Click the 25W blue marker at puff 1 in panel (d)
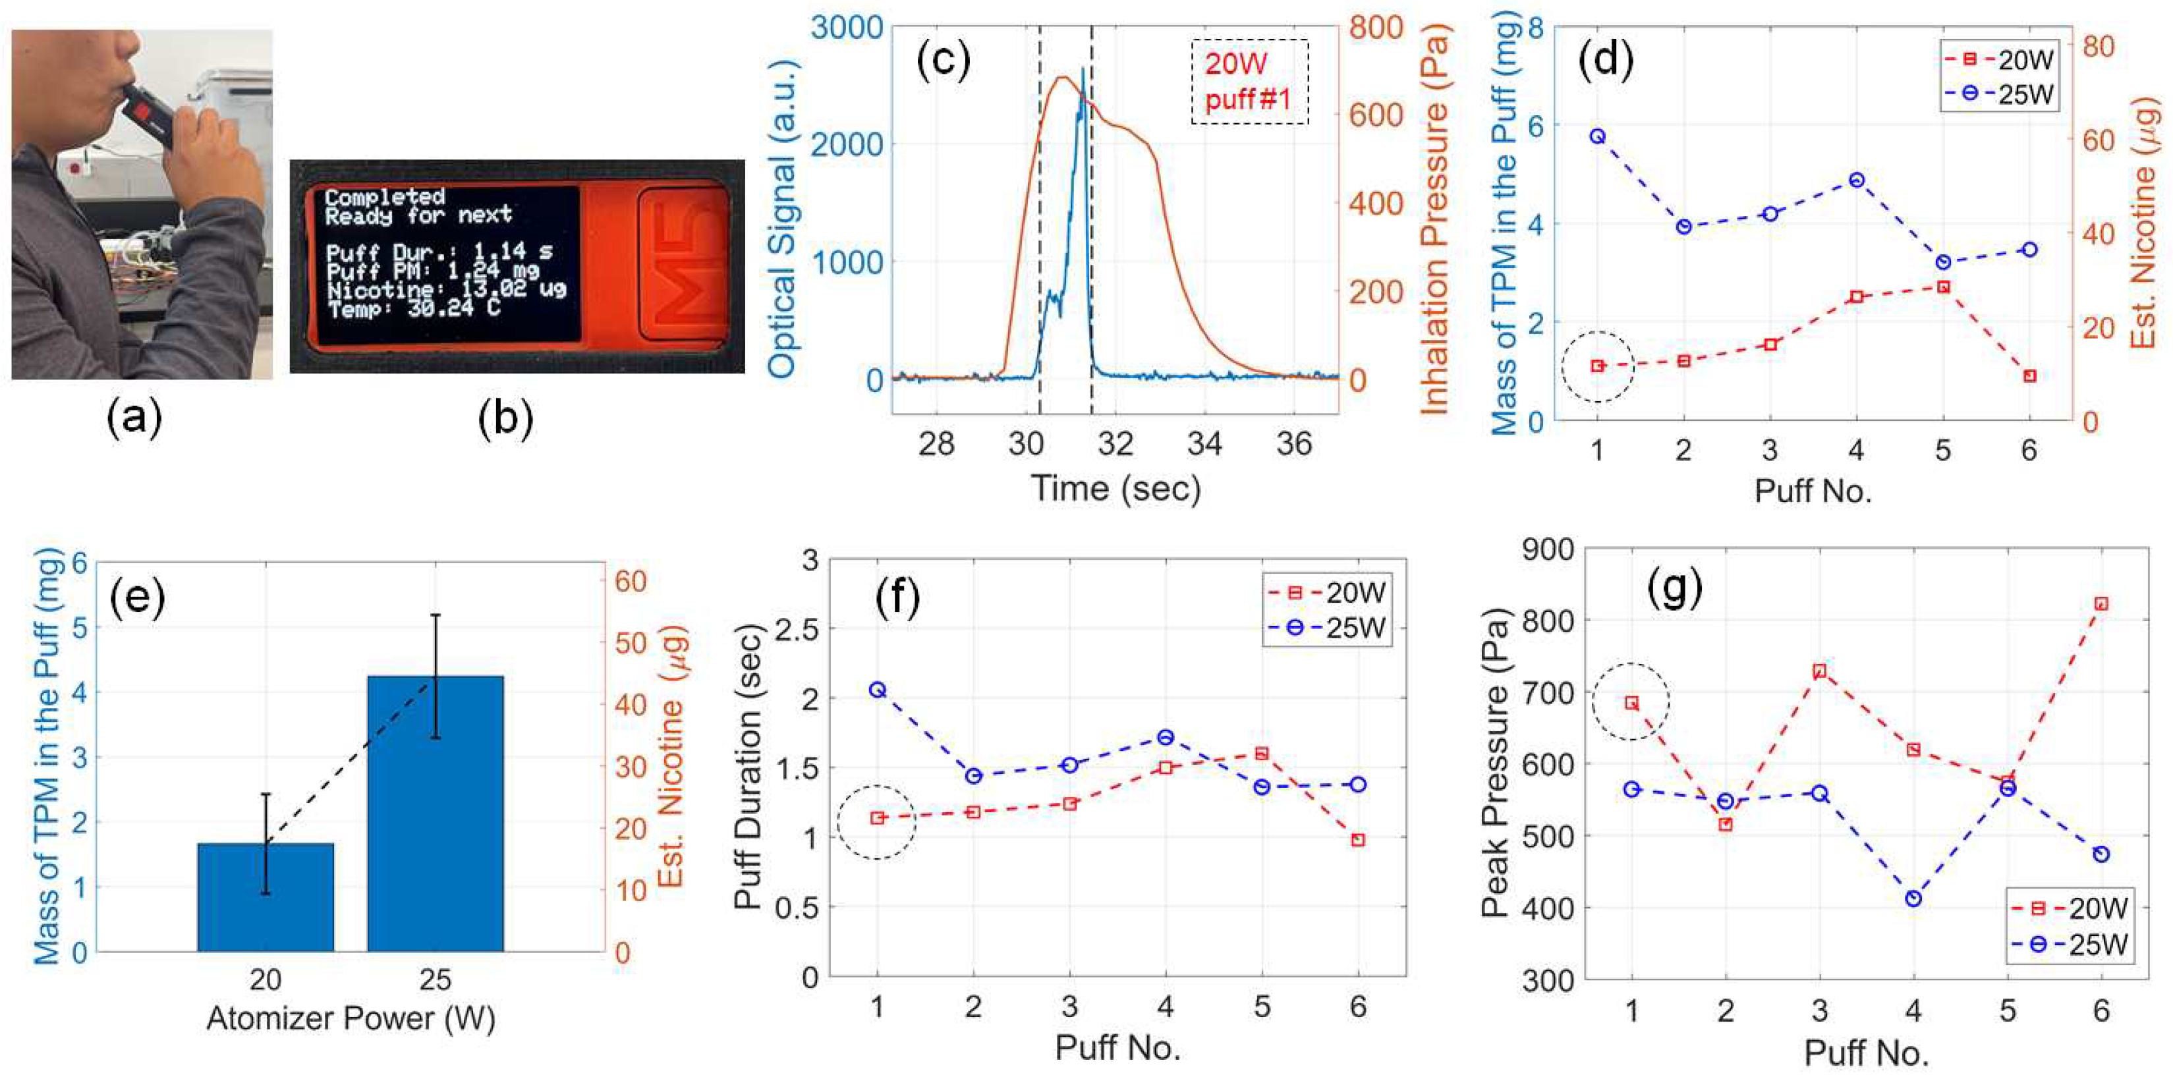click(1598, 136)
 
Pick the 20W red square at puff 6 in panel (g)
click(2101, 604)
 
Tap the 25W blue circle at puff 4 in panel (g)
click(1913, 899)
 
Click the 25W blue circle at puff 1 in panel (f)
click(877, 690)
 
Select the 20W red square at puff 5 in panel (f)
click(1262, 753)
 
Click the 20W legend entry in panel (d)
click(1999, 61)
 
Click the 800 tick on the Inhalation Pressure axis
click(1376, 27)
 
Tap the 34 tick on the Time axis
click(1204, 443)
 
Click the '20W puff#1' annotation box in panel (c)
click(1249, 82)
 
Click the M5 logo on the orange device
click(683, 265)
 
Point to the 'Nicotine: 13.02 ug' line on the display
click(446, 289)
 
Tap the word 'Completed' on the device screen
click(385, 196)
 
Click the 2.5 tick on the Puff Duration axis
click(800, 628)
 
